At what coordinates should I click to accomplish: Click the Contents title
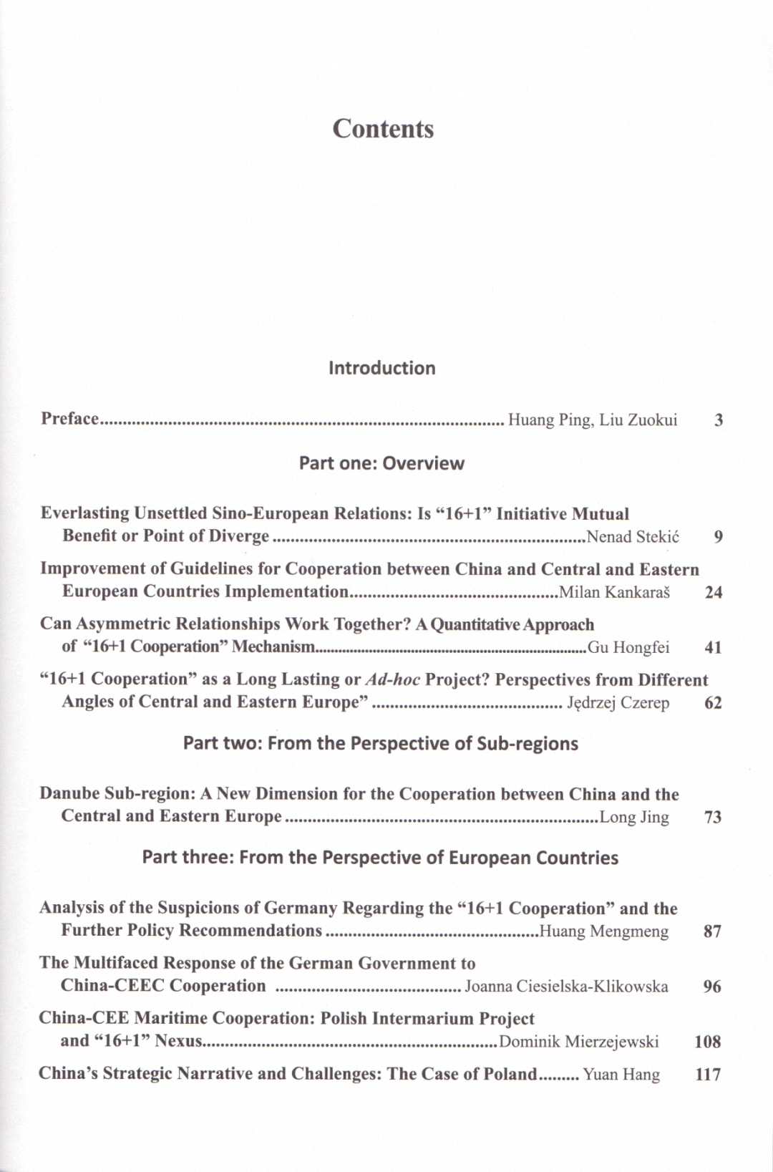tap(383, 129)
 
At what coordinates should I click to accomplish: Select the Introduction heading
tap(381, 368)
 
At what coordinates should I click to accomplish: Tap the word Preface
tap(69, 419)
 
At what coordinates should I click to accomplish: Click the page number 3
tap(718, 420)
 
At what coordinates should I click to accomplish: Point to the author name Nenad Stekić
tap(633, 537)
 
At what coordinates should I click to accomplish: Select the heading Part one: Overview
tap(381, 463)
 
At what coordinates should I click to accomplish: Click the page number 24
tap(713, 592)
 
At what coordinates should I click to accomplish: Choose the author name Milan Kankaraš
tap(614, 592)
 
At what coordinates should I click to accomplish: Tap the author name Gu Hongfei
tap(628, 648)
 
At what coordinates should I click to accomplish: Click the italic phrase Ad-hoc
tap(393, 679)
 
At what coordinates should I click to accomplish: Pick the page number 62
tap(713, 703)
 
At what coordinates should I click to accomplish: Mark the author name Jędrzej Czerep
tap(618, 703)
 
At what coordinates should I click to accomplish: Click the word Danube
tap(69, 794)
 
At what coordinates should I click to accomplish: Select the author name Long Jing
tap(634, 817)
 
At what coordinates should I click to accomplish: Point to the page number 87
tap(712, 931)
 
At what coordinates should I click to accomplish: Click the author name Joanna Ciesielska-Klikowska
tap(566, 987)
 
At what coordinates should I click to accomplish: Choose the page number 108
tap(707, 1042)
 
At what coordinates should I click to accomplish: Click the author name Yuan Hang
tap(621, 1074)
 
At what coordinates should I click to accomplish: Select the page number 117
tap(707, 1075)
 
